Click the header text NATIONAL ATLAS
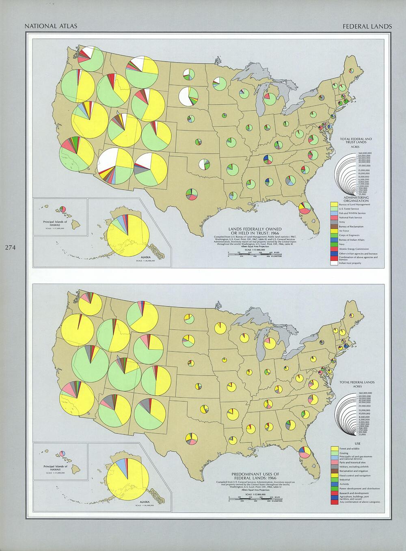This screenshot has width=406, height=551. [51, 26]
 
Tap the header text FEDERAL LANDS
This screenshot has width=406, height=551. [367, 26]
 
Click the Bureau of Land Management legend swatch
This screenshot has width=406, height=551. [335, 204]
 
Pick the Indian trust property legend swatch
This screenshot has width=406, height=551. [335, 263]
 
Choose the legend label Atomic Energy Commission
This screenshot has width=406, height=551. [354, 249]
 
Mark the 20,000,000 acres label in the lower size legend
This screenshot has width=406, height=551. [365, 406]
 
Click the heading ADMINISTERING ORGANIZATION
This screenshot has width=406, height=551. [356, 199]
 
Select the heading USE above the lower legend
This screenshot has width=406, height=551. [357, 443]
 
